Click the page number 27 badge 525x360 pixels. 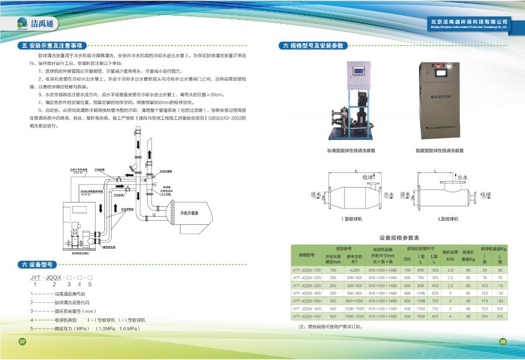pos(23,341)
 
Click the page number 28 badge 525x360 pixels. pos(503,341)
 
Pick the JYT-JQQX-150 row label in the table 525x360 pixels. pos(306,270)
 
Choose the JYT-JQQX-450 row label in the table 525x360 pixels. pos(306,316)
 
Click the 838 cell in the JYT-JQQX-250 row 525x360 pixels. pos(421,285)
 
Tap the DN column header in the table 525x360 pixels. pos(407,257)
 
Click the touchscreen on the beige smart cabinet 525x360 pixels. pos(443,76)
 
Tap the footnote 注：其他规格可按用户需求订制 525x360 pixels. pos(330,327)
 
